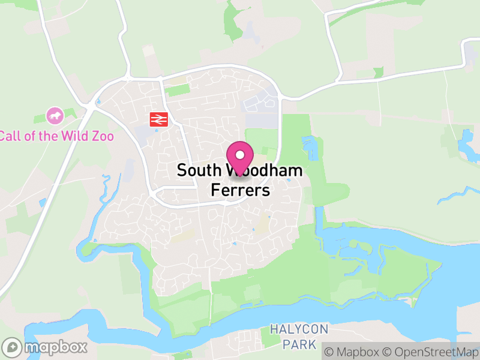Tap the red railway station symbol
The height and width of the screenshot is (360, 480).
tap(158, 119)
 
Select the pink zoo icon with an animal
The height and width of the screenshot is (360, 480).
tap(55, 115)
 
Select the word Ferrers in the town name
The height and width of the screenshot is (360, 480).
tap(241, 190)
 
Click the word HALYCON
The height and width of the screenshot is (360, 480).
tap(299, 330)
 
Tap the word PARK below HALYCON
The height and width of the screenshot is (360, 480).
tap(299, 344)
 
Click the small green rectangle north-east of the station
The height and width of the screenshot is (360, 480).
tap(178, 91)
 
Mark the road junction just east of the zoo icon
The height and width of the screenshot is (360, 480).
tap(89, 107)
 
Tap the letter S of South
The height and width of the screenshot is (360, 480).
tap(181, 171)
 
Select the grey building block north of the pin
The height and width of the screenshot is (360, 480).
tap(258, 106)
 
